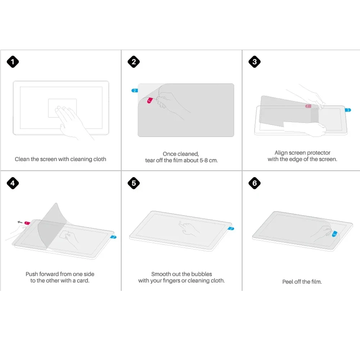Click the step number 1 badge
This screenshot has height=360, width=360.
coord(13,62)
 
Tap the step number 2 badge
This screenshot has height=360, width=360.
coord(134,62)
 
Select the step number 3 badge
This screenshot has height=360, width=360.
coord(255,62)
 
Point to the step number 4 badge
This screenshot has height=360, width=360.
coord(13,183)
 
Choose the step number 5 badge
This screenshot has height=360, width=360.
coord(134,183)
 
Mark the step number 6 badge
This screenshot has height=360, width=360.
coord(255,183)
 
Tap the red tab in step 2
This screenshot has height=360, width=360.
coord(149,101)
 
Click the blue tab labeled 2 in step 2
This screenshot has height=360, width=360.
coord(135,90)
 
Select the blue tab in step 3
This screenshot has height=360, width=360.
coord(348,110)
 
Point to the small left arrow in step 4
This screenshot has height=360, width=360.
coord(20,222)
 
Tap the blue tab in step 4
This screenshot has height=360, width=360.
coord(114,237)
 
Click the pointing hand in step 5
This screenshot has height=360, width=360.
coord(187,228)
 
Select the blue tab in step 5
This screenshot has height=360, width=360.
coord(231,228)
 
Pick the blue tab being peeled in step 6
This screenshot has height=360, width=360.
coord(334,234)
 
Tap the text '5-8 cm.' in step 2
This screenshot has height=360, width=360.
coord(208,160)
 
